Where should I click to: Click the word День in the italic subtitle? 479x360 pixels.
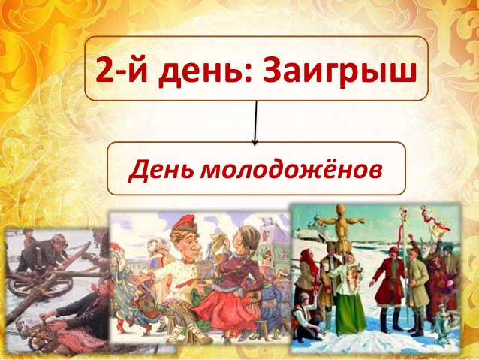162,169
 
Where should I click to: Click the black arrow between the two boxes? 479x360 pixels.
256,123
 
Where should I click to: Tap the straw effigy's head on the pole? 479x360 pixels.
340,210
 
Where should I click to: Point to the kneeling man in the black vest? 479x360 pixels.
306,315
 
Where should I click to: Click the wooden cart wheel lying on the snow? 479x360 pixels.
40,282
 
